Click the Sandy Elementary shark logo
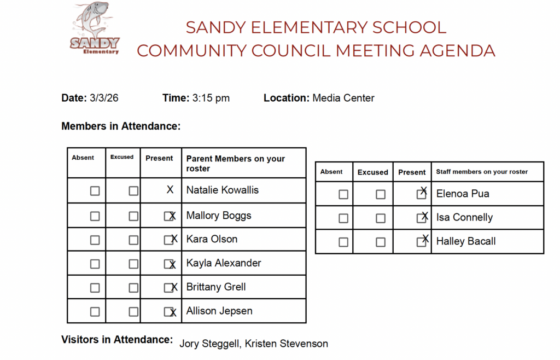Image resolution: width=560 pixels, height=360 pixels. click(x=95, y=29)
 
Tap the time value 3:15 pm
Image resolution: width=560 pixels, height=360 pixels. click(x=211, y=98)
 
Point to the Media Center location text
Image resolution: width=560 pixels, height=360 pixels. click(x=343, y=98)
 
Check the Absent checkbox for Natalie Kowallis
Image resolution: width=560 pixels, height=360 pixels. click(x=95, y=191)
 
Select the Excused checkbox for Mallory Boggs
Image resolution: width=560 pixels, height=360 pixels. click(x=133, y=216)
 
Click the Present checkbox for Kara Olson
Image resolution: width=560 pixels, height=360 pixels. click(x=168, y=240)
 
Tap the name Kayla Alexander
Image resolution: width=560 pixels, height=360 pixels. click(x=224, y=263)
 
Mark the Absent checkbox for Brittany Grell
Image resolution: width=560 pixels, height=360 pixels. click(x=95, y=288)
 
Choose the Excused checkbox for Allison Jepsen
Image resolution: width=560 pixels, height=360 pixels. click(x=133, y=312)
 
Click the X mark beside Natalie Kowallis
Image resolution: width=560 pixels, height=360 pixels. click(x=170, y=190)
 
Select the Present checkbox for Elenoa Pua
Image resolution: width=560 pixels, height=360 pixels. click(x=421, y=194)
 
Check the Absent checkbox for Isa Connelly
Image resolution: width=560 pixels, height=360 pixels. click(x=343, y=218)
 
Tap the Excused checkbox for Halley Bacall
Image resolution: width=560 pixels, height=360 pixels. click(x=381, y=242)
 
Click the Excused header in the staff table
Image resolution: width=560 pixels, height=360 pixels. click(x=373, y=172)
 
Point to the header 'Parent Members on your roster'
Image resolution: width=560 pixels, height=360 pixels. click(x=236, y=163)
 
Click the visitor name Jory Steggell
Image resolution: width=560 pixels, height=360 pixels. click(x=209, y=344)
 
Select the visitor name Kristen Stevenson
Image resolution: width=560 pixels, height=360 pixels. click(x=287, y=344)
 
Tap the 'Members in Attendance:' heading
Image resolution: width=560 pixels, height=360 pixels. click(x=121, y=126)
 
